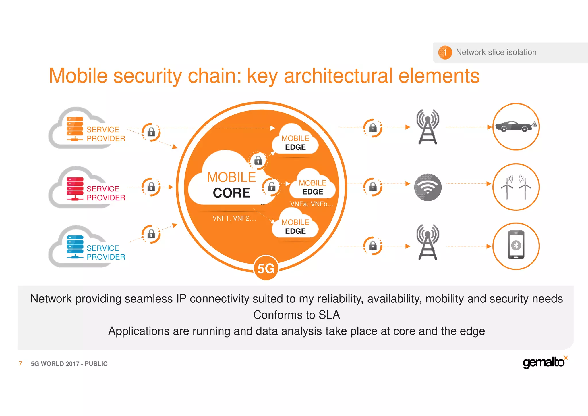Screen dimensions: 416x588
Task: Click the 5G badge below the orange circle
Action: click(x=266, y=268)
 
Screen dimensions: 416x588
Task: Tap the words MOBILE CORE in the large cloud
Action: click(x=231, y=185)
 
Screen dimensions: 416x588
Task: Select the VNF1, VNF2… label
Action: click(x=234, y=218)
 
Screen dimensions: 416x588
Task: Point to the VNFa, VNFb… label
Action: click(x=312, y=204)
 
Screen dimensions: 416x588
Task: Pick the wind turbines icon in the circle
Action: click(x=516, y=187)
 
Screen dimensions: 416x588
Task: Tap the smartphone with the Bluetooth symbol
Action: click(x=516, y=246)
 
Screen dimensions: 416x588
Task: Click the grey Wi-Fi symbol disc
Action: click(x=428, y=187)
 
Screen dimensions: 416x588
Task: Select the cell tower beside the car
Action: click(x=428, y=127)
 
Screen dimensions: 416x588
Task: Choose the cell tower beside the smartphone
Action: click(x=428, y=242)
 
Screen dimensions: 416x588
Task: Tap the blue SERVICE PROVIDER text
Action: click(x=106, y=252)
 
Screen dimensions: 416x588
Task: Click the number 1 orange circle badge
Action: click(x=445, y=52)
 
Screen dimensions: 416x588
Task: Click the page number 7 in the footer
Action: click(x=20, y=363)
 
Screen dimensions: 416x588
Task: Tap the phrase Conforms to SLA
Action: click(x=296, y=315)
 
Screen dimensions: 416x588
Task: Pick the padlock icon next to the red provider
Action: click(x=151, y=187)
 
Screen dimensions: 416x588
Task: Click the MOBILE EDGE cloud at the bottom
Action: click(x=295, y=227)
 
